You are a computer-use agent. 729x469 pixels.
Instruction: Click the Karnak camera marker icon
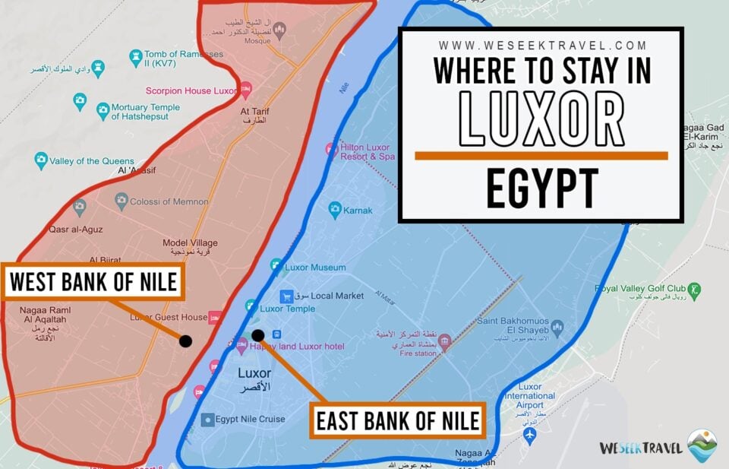(335, 210)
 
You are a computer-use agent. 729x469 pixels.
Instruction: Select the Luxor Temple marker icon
(251, 306)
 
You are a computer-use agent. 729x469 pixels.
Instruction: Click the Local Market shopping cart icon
(286, 296)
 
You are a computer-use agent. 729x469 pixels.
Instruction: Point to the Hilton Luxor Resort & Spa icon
(331, 149)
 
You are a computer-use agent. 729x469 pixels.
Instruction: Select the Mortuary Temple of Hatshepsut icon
(103, 112)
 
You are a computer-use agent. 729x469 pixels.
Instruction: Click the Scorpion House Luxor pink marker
(245, 91)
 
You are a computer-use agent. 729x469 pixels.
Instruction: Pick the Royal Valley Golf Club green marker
(694, 290)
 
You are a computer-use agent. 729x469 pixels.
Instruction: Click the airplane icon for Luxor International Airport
(530, 436)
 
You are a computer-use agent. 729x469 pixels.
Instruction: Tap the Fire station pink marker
(444, 343)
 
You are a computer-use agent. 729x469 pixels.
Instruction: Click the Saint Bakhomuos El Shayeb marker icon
(557, 328)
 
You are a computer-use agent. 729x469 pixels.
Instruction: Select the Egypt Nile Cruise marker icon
(207, 419)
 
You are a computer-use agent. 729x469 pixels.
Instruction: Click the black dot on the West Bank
(185, 341)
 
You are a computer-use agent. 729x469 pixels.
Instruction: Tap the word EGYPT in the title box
(541, 188)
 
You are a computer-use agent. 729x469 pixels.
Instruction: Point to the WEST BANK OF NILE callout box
(93, 283)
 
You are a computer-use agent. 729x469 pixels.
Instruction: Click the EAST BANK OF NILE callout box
(398, 420)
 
